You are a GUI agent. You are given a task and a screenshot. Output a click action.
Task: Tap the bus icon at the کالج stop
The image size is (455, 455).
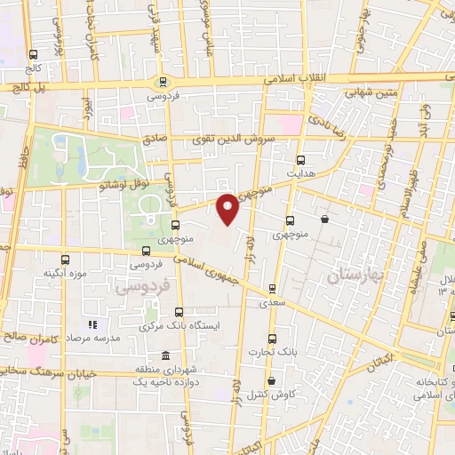[33, 53]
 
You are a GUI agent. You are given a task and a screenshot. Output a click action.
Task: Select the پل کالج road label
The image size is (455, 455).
[28, 87]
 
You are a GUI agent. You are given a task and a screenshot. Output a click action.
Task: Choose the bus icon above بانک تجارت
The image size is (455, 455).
[273, 337]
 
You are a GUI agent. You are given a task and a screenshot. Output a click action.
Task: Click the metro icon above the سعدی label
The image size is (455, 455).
[271, 287]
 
